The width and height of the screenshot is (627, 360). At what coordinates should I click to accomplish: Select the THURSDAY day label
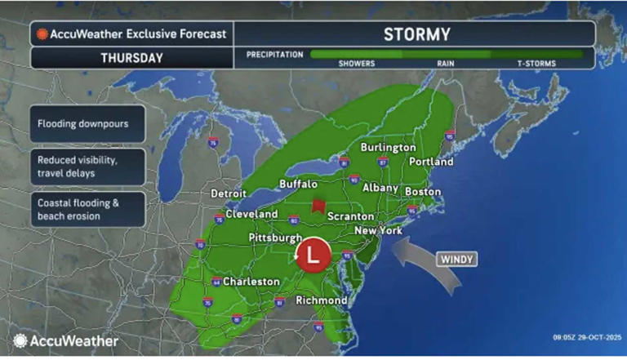132,58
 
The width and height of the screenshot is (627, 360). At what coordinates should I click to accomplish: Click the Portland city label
429,162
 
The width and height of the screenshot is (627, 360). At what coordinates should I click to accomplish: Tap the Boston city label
422,191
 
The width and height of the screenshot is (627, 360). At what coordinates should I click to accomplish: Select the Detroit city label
228,193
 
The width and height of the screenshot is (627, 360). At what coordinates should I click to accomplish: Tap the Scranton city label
350,216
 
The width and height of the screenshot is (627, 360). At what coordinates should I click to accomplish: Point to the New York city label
379,231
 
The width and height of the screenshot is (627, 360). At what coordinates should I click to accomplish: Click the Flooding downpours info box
88,124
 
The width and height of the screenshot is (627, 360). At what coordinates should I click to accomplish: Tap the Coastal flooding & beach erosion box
88,210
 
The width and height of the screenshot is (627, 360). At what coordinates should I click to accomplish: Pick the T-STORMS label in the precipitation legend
536,61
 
